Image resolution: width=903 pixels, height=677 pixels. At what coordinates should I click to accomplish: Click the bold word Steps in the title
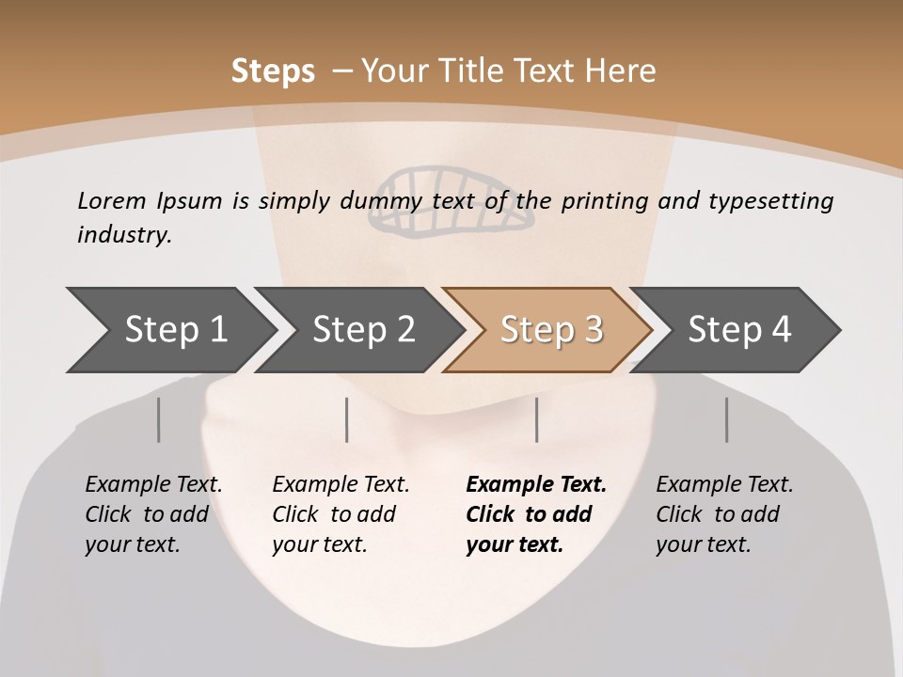coord(273,71)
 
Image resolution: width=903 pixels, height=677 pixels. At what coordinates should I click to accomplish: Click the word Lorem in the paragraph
coord(111,200)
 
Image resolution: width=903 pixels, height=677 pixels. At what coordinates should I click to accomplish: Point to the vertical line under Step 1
coord(159,419)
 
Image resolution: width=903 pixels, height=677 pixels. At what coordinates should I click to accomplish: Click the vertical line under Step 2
coord(347,419)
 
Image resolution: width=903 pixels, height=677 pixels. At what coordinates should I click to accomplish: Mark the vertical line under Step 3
coord(536,419)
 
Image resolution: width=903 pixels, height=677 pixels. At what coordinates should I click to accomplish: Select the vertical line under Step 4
coord(726,419)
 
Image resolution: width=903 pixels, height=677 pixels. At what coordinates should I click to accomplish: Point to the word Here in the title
coord(620,71)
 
